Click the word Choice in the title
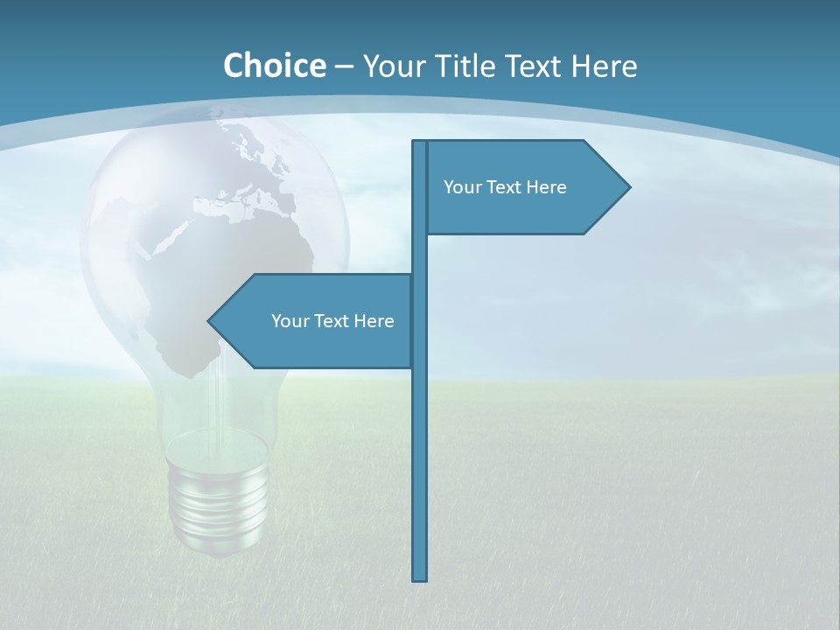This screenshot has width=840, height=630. [x=274, y=66]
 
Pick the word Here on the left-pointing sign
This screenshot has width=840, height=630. [x=374, y=321]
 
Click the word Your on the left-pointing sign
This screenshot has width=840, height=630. [x=289, y=321]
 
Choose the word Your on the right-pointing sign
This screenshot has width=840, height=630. [x=461, y=187]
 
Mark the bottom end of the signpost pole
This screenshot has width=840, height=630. [x=420, y=577]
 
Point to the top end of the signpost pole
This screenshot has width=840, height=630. [x=420, y=143]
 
